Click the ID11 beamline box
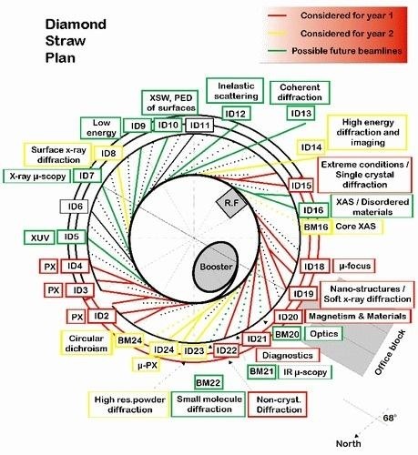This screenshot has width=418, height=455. (199, 126)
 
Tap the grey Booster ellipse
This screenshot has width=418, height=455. (216, 267)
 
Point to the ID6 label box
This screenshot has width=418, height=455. (75, 207)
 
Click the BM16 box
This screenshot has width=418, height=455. (316, 227)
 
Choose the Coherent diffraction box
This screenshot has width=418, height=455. (300, 93)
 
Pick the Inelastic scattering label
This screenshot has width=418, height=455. (235, 91)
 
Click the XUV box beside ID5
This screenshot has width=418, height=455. (39, 238)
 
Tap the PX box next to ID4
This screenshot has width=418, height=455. (50, 267)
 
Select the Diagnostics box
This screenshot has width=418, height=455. (288, 355)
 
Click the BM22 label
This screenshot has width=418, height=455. (208, 382)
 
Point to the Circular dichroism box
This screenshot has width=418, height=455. (87, 343)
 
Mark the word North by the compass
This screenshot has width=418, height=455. (349, 443)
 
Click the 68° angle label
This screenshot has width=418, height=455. (390, 418)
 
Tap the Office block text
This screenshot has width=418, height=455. (390, 352)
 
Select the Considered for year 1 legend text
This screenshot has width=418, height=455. (347, 15)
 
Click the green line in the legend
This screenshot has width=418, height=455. (277, 51)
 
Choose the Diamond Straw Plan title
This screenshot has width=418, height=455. (76, 41)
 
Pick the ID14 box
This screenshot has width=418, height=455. (311, 147)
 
